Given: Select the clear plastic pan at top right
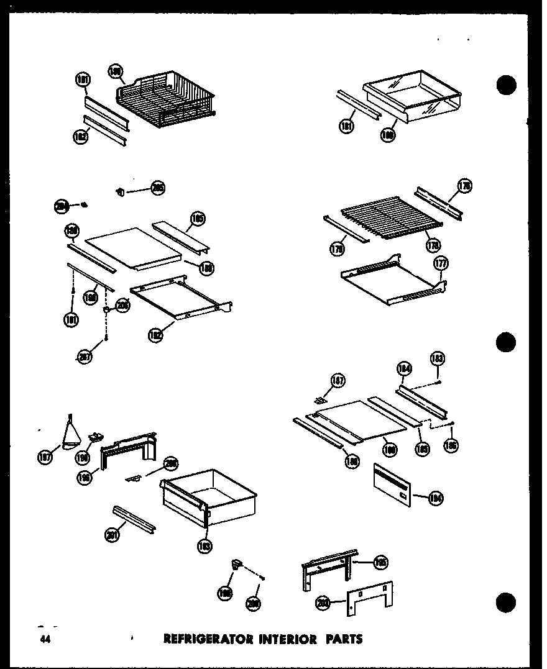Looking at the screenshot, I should click(x=411, y=93).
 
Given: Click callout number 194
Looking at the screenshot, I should click(x=435, y=496).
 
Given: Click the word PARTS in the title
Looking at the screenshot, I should click(x=342, y=638).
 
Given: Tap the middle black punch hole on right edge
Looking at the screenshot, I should click(x=507, y=342).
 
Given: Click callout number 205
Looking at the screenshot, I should click(x=158, y=188).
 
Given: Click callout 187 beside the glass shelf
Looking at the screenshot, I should click(x=338, y=381).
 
